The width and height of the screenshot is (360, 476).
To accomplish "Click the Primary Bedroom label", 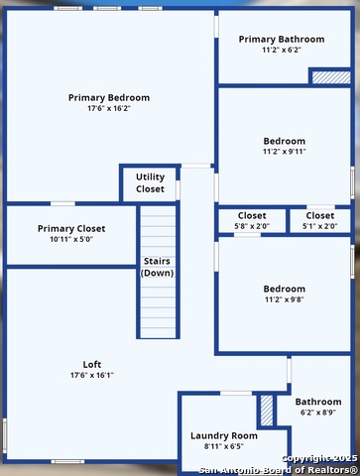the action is coord(109,98).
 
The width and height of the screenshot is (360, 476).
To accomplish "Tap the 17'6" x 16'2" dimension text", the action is coord(109,108).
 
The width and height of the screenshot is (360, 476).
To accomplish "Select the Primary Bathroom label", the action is coord(282,40).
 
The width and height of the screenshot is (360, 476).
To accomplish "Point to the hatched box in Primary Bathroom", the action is coord(331,77).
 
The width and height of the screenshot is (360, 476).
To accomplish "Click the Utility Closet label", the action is coord(150,182).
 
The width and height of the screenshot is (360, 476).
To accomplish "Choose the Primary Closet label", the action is coord(71,229).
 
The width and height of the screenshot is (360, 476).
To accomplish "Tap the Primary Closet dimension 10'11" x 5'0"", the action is coord(71,239).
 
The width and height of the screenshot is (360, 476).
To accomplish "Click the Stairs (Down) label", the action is coord(157,267).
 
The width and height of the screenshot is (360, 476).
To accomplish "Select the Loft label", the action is coord(92,364).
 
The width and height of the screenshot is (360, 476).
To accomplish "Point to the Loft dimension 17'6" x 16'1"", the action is coord(92,375).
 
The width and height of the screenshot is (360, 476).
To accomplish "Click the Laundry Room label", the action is coord(224,435).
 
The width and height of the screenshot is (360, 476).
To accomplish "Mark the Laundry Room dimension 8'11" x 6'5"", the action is coord(224,446).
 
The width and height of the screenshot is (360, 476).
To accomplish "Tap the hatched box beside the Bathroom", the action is coord(267,411).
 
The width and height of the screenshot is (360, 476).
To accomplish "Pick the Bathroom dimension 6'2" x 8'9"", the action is coord(318,413).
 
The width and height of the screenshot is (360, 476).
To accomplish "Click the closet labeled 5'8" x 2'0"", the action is coord(252,220).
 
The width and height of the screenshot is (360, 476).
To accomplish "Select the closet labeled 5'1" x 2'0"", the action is coord(320,220).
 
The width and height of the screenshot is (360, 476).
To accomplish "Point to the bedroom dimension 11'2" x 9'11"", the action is coord(285,152).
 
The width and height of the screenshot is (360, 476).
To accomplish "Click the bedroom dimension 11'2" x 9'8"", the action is coord(285,299).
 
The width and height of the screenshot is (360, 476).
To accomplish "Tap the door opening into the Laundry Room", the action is coord(236,393).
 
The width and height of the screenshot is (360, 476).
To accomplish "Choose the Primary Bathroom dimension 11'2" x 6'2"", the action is coord(282,50).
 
